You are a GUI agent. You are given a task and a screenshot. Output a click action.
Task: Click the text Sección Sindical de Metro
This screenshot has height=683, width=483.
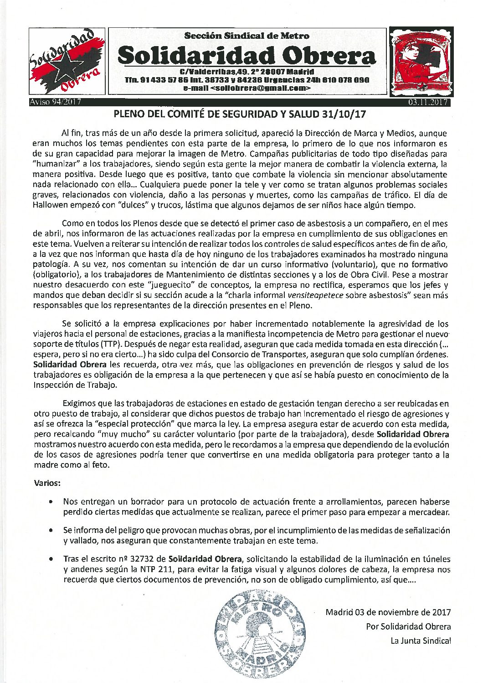coord(247,36)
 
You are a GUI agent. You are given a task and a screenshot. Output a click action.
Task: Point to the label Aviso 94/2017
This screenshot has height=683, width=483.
coord(55,102)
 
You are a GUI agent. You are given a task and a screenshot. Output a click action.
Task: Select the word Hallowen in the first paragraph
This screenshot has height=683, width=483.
coord(53,205)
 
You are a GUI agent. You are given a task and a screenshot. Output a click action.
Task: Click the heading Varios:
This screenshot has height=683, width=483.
coord(48,482)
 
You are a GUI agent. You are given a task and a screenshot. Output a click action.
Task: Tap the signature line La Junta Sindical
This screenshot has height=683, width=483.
coord(421,641)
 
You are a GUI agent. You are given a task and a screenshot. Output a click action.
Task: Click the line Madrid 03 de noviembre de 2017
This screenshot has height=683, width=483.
coord(388,612)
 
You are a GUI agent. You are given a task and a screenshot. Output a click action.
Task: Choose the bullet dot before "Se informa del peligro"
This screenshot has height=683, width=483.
coord(53,531)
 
